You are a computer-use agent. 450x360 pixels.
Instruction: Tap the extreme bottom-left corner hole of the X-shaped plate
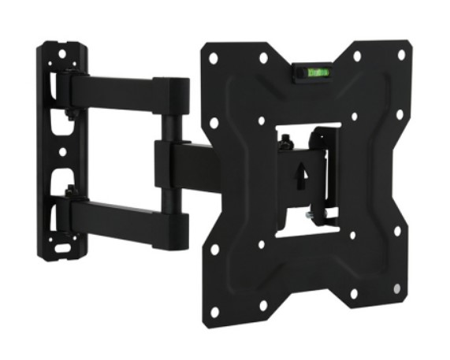point(214,250)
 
